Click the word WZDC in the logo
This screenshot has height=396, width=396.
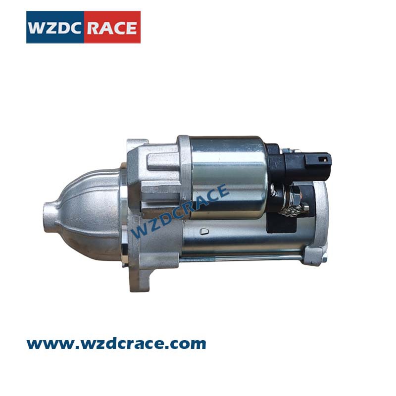[54, 28]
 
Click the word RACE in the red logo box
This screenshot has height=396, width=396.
[112, 28]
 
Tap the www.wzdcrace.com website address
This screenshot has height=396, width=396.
[116, 344]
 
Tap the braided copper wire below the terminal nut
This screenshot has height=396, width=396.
[293, 209]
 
